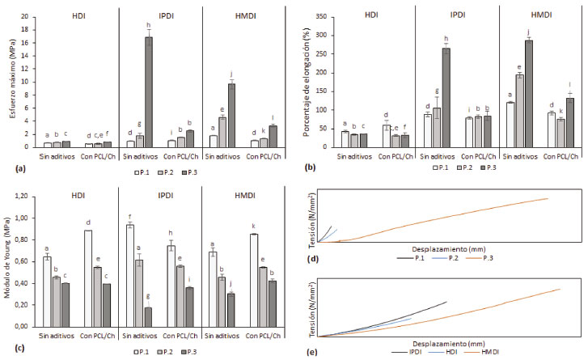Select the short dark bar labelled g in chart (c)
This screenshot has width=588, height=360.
click(x=147, y=316)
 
